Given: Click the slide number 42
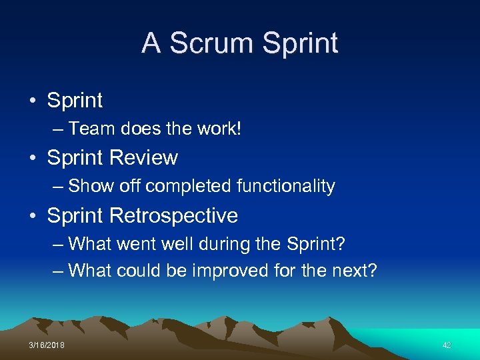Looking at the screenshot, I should [447, 345].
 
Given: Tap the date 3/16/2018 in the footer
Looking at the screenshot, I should [47, 345].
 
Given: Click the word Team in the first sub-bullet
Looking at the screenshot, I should [89, 129].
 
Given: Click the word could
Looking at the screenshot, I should [139, 270].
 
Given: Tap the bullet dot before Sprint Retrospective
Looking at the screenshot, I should [33, 216].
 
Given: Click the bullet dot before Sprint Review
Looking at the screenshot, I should [33, 159].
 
